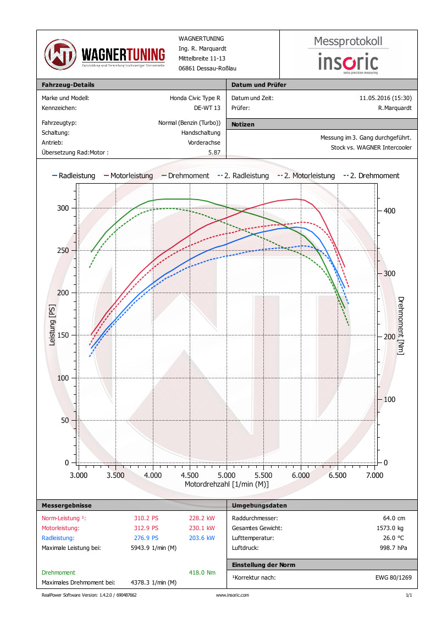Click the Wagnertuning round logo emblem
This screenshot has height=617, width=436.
click(x=60, y=54)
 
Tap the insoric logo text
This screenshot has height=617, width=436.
click(x=348, y=62)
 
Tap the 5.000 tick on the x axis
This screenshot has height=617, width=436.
click(x=227, y=475)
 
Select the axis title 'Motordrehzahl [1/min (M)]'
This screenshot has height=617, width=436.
click(x=227, y=484)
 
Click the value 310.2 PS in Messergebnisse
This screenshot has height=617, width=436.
click(x=146, y=518)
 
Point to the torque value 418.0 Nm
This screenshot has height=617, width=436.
click(x=202, y=572)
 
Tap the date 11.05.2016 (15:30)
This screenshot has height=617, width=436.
click(x=385, y=98)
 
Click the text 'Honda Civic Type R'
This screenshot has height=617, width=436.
click(x=195, y=98)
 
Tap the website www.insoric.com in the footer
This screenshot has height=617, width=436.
click(x=232, y=595)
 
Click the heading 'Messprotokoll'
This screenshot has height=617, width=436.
click(x=348, y=41)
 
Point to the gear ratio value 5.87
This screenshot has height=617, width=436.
click(x=214, y=152)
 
